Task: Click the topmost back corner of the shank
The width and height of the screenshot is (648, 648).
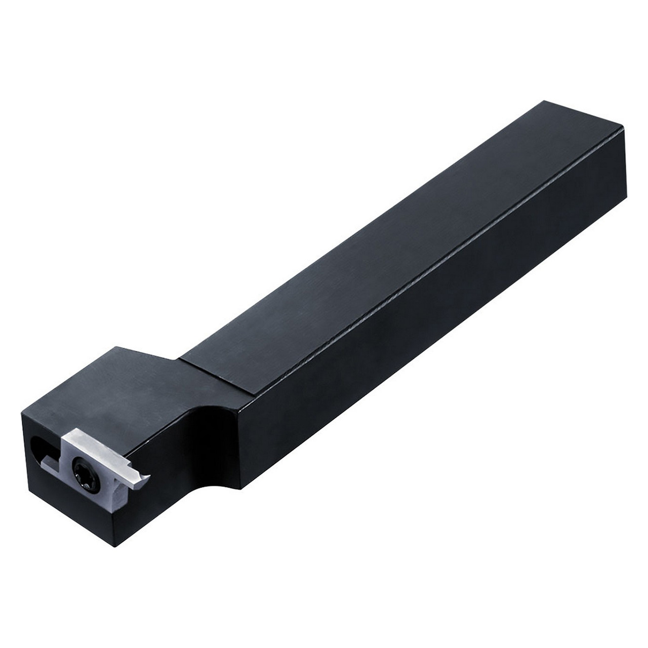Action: point(544,102)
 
